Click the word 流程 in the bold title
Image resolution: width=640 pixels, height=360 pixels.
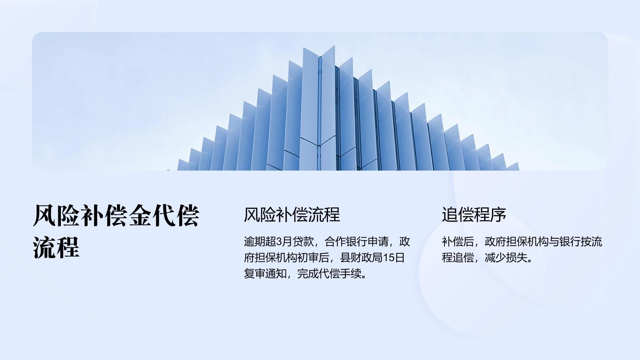(x=56, y=247)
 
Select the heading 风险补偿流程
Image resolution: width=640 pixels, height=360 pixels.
(x=292, y=215)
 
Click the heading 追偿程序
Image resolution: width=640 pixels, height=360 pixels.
(x=474, y=215)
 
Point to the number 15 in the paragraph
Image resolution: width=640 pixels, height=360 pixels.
(x=389, y=258)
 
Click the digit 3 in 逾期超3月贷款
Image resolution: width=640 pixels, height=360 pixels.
(x=279, y=242)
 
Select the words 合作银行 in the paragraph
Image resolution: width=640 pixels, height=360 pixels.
(x=346, y=242)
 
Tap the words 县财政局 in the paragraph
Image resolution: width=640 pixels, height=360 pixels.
(x=361, y=258)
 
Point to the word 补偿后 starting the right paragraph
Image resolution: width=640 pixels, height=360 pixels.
(x=458, y=242)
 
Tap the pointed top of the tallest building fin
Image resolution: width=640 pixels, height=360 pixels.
(x=334, y=46)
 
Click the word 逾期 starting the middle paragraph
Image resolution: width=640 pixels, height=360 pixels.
(x=254, y=242)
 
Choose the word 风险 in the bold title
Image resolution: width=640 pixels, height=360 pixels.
(x=56, y=216)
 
